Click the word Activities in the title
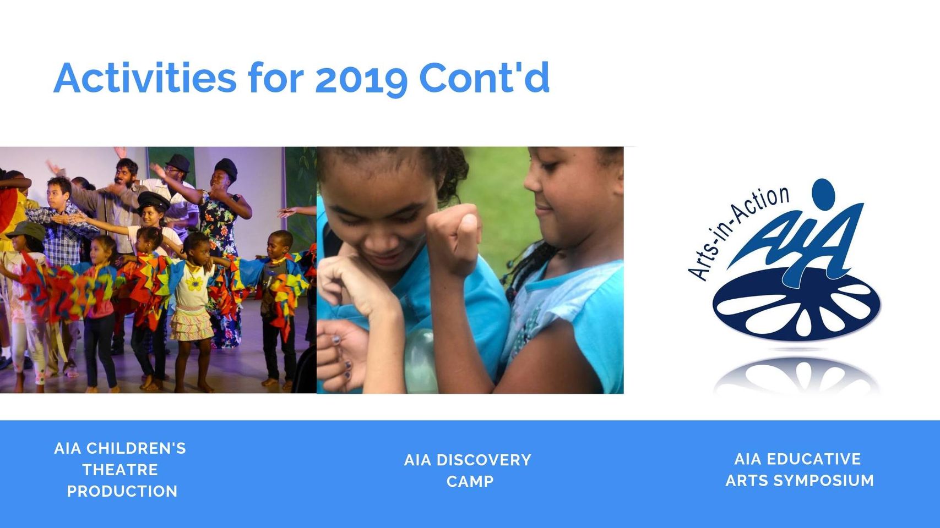[145, 78]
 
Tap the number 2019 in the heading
[361, 79]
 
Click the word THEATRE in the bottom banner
[120, 470]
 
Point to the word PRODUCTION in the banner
[122, 491]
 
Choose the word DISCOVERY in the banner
[484, 460]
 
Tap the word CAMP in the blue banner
[470, 481]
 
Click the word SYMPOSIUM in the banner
[824, 480]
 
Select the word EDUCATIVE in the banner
[814, 459]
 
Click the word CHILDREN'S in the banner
[136, 448]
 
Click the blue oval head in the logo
[823, 193]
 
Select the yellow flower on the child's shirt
[194, 283]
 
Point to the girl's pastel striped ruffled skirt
[191, 323]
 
